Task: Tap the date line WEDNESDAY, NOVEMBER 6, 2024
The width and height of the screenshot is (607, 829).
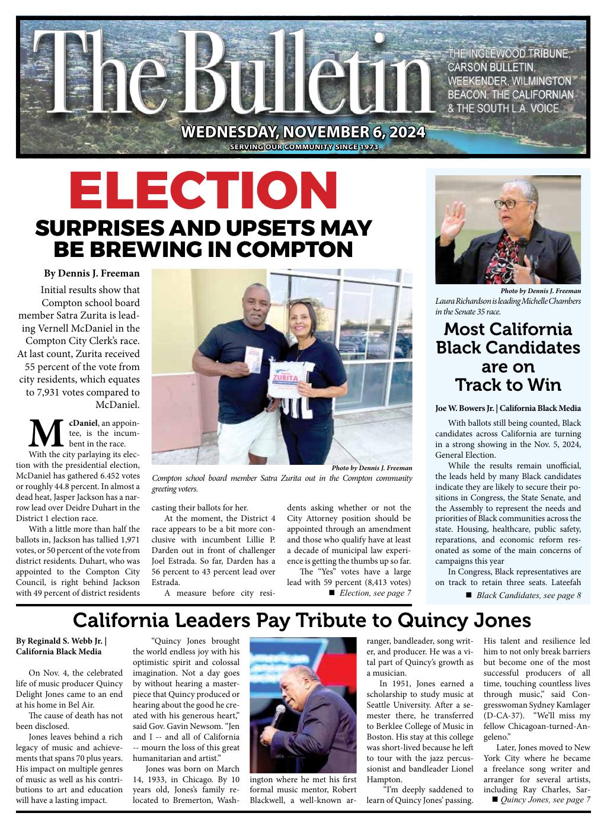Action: [x=303, y=131]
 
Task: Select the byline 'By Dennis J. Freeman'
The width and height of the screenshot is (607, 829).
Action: [x=92, y=274]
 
